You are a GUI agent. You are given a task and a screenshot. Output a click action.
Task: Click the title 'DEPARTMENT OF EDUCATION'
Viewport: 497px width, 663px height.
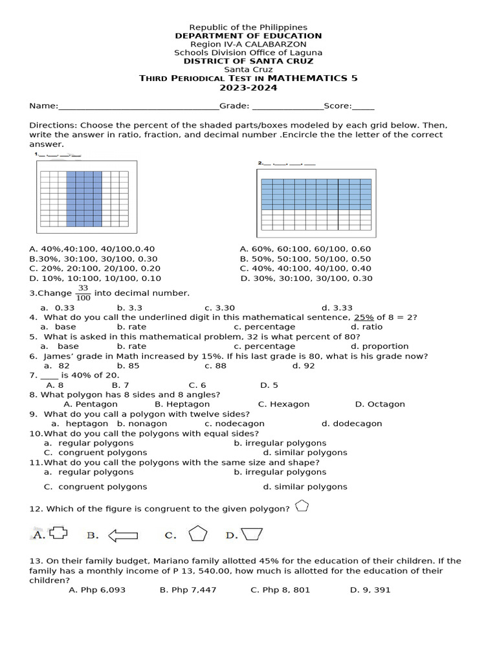point(248,36)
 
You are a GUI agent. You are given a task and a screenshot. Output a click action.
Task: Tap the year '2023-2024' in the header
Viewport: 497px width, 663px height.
point(248,87)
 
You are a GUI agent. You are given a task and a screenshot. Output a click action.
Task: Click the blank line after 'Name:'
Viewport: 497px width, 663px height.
point(138,107)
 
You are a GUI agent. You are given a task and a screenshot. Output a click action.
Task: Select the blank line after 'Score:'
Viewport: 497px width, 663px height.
point(363,107)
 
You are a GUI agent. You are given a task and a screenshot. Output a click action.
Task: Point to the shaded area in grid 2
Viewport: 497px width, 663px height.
point(316,194)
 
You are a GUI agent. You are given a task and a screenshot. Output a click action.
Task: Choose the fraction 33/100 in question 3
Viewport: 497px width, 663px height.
point(83,293)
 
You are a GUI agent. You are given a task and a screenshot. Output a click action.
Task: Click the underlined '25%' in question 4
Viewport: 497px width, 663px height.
point(364,317)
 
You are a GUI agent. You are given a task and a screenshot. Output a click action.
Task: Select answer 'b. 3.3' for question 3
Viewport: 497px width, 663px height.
point(129,308)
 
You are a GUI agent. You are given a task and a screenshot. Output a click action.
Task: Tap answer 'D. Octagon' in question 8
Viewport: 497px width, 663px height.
point(380,404)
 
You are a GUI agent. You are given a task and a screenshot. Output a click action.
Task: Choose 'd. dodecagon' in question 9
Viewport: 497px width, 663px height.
point(351,423)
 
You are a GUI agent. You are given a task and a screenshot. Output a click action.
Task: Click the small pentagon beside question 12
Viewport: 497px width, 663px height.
point(302,506)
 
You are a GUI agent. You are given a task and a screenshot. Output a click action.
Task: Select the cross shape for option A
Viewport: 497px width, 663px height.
point(58,533)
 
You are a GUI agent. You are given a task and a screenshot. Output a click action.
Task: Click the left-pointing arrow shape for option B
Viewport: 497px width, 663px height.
point(123,535)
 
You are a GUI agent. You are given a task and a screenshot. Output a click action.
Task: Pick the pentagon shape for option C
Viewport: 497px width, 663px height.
point(198,534)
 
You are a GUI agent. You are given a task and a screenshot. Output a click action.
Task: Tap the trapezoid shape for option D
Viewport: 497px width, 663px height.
point(251,534)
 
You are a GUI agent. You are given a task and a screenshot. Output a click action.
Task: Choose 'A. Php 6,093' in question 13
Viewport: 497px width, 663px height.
point(97,590)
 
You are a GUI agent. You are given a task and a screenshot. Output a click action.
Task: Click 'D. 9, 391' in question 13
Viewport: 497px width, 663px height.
point(370,590)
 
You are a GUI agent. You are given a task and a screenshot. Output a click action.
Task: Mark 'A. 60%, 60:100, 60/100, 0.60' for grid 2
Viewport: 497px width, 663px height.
point(305,249)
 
